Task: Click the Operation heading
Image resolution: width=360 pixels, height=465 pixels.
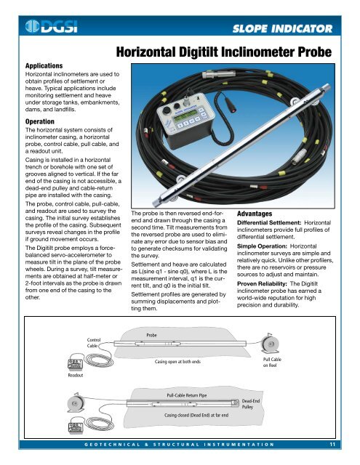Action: coord(25,122)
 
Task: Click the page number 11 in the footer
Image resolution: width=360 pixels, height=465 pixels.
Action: coord(331,443)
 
